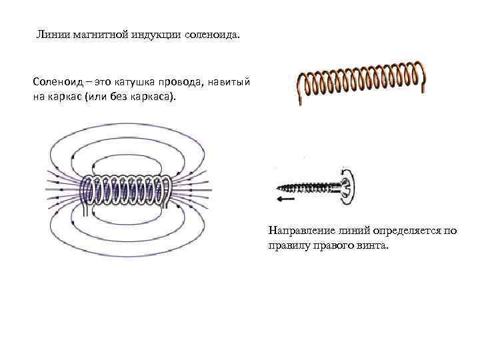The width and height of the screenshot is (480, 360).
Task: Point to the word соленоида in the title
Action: (211, 34)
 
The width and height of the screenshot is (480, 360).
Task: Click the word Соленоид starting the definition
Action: (56, 82)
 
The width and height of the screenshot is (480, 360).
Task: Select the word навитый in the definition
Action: (228, 82)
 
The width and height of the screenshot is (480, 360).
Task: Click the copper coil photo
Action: (360, 81)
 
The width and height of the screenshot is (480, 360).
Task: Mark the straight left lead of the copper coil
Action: (299, 89)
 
